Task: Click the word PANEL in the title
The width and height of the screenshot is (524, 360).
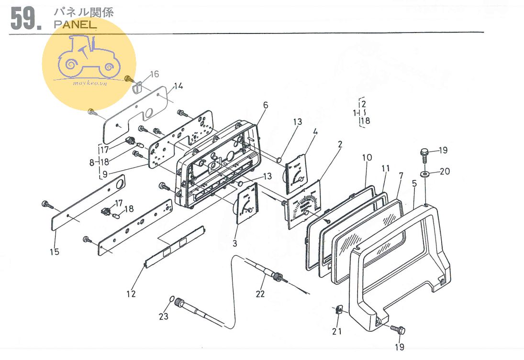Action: click(75, 25)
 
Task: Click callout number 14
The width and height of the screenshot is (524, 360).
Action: click(178, 86)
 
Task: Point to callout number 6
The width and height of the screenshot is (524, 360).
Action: click(266, 105)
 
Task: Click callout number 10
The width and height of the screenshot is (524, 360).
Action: click(367, 158)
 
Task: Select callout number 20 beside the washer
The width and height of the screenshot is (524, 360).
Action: click(445, 172)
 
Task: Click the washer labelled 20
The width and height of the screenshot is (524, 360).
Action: click(425, 172)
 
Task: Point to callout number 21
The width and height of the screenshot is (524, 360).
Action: click(337, 331)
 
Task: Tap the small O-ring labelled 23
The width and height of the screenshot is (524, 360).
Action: click(172, 300)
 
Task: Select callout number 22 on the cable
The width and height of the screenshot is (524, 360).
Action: click(260, 294)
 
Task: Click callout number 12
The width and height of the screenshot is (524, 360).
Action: click(131, 294)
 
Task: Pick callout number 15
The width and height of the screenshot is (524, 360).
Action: click(55, 251)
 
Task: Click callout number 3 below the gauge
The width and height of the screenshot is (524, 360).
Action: click(235, 244)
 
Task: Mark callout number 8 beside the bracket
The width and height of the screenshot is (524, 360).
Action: click(91, 162)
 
